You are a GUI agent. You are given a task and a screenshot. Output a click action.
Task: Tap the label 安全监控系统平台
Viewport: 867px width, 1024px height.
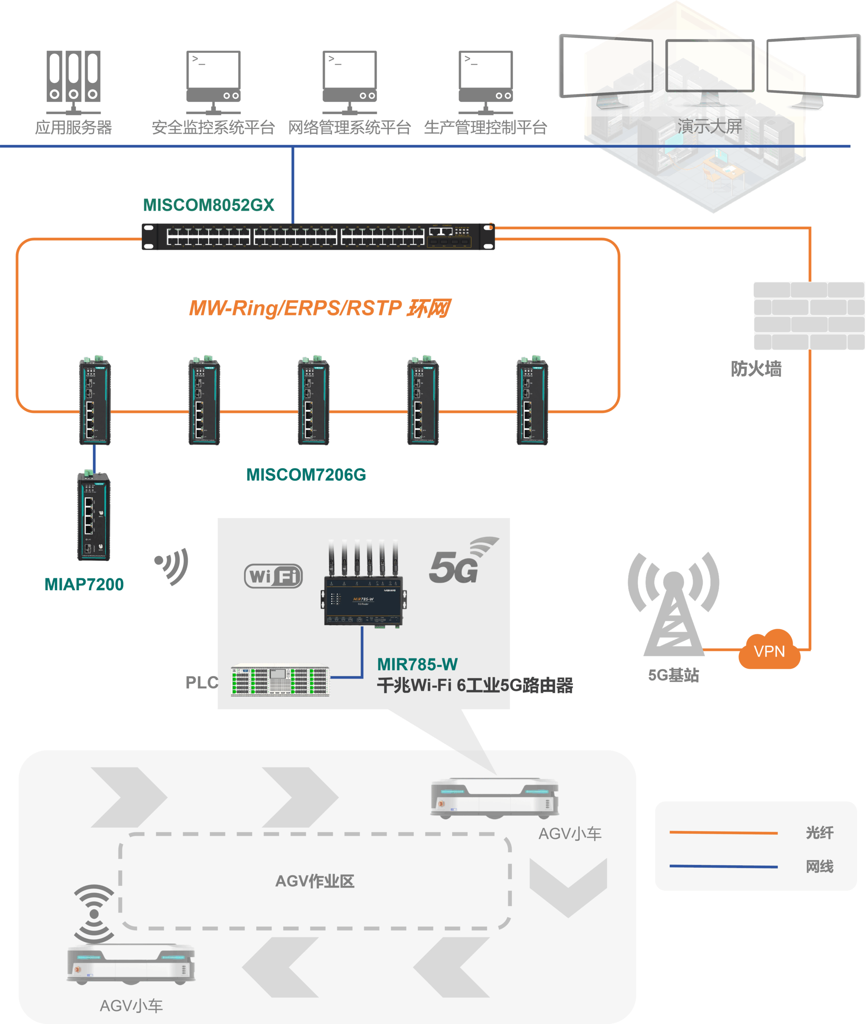[213, 127]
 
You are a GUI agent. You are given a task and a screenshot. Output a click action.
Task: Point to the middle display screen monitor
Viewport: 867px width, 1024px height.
[709, 66]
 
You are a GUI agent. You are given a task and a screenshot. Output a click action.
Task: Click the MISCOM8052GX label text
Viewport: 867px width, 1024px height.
[209, 205]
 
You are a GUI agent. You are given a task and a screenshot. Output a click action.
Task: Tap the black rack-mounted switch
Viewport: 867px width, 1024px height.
[318, 237]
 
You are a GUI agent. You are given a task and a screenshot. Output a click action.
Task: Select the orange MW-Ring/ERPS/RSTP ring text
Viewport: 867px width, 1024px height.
[319, 308]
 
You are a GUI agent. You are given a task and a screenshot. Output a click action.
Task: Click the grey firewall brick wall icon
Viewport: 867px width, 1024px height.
[808, 315]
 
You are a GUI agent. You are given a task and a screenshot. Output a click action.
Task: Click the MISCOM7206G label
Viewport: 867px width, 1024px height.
[306, 475]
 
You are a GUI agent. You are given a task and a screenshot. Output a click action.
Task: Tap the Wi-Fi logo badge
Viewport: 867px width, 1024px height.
[273, 576]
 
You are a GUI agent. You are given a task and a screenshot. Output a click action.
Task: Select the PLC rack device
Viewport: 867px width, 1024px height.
[280, 681]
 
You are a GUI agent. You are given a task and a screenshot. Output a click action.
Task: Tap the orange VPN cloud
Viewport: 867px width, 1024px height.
[769, 650]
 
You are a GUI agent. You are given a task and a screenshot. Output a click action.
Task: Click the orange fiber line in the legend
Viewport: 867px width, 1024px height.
[723, 833]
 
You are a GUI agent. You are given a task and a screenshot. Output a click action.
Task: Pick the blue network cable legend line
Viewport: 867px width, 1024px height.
[723, 866]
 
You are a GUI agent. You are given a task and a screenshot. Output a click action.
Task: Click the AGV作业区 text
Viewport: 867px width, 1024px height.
[315, 881]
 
